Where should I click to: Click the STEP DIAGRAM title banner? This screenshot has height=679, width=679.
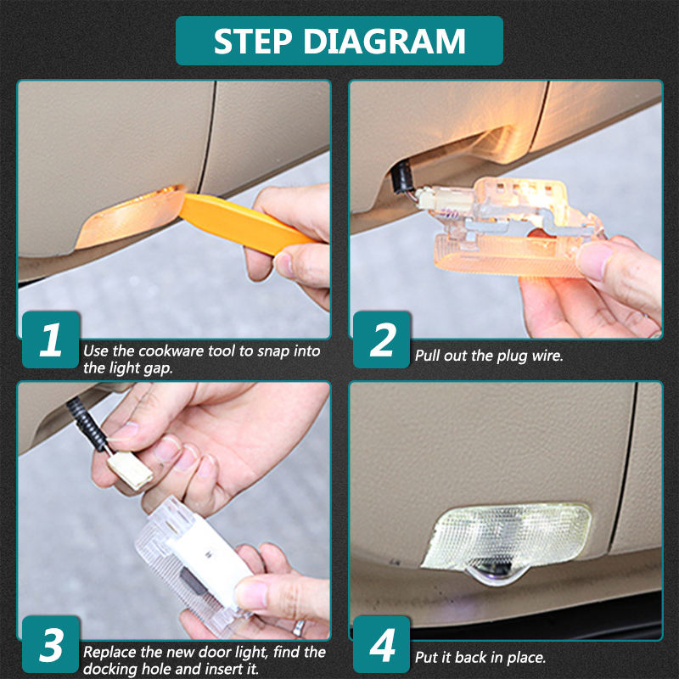[339, 41]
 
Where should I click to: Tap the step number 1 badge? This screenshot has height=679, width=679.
[51, 339]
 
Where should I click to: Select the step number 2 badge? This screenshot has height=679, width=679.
[381, 339]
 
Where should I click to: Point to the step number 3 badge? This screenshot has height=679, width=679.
[51, 644]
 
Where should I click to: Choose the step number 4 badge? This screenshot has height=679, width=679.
[381, 644]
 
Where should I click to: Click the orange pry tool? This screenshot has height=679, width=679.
[244, 223]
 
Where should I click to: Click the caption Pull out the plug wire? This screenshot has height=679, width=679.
[489, 356]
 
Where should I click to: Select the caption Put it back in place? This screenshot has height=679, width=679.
[480, 657]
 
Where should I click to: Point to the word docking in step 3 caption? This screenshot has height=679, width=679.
[109, 669]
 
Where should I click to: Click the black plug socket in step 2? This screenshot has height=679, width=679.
[401, 177]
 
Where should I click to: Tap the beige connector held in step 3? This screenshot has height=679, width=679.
[130, 470]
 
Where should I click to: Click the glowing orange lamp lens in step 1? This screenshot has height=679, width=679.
[130, 216]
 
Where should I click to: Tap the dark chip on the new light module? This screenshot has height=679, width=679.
[194, 581]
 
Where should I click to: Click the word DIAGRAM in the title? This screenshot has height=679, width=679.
[385, 41]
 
